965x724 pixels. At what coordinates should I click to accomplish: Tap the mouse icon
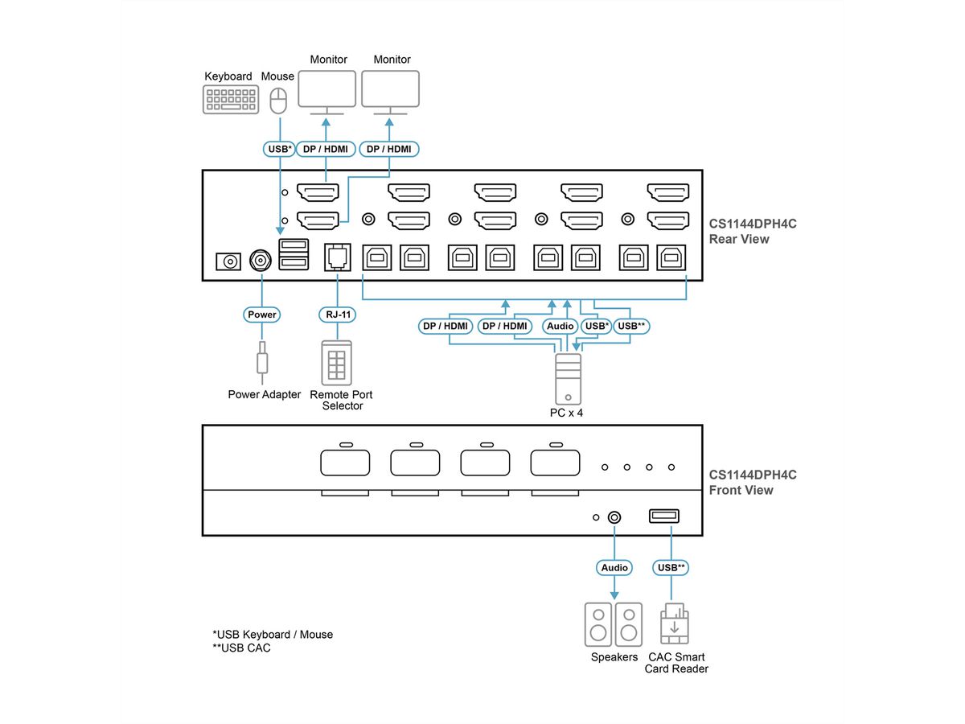[x=278, y=101]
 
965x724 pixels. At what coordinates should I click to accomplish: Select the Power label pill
[x=262, y=315]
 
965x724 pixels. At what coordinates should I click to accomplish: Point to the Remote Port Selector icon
[x=337, y=363]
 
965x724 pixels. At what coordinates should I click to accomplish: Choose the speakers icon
[x=613, y=623]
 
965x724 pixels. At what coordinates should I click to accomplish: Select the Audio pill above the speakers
[x=614, y=568]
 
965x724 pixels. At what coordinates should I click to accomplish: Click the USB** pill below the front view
[x=671, y=568]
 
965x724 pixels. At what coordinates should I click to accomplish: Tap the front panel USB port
[x=664, y=516]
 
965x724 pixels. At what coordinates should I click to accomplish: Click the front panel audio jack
[x=614, y=517]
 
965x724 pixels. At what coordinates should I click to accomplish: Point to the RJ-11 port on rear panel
[x=335, y=257]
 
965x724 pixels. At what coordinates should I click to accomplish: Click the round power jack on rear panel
[x=261, y=260]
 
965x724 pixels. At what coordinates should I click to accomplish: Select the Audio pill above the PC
[x=561, y=326]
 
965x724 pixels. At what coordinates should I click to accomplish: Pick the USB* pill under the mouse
[x=278, y=149]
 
